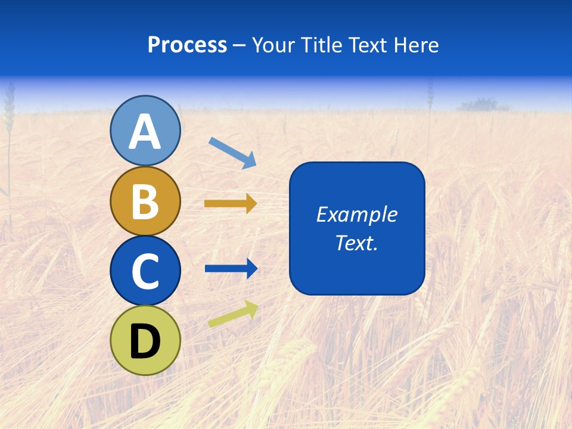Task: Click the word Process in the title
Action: click(187, 45)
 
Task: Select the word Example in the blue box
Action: click(356, 214)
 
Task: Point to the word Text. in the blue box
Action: click(356, 243)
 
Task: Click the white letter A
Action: click(145, 132)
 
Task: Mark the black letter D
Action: click(145, 342)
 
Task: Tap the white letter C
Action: click(145, 272)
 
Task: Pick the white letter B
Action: click(145, 201)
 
